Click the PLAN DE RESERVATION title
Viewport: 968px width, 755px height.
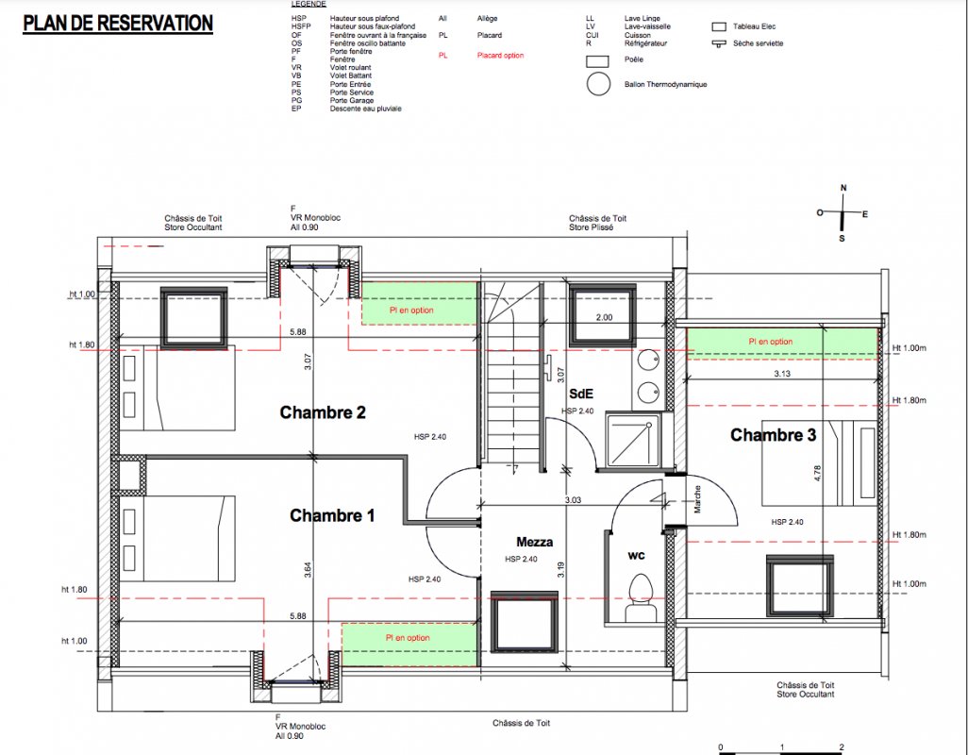118,24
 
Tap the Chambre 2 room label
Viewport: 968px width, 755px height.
323,412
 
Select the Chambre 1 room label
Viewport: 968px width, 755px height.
332,515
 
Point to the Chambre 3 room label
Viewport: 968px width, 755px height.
773,435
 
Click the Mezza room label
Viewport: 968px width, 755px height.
535,542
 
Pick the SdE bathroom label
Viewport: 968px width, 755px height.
581,394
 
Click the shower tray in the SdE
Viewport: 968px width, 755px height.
633,441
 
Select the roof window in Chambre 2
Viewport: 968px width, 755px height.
193,319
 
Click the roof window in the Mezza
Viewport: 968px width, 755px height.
525,622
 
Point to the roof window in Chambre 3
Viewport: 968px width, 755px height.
800,586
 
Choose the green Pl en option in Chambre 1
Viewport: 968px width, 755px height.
409,645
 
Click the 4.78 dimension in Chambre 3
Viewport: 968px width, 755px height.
817,474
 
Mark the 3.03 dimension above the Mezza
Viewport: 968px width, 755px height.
573,500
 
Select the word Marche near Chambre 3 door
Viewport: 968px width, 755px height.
697,499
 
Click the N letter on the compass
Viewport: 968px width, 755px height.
843,188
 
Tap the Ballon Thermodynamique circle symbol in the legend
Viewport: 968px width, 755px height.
598,84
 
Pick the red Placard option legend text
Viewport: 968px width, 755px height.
500,56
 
